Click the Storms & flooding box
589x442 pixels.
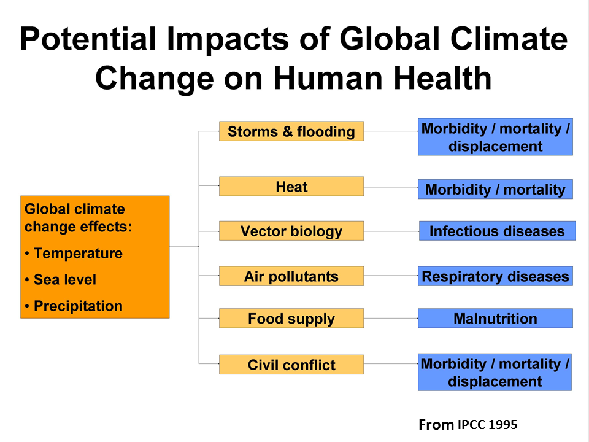click(x=291, y=131)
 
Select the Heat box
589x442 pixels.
click(x=291, y=187)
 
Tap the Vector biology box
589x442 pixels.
click(x=291, y=231)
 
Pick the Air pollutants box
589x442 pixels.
click(x=291, y=276)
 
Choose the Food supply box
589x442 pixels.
click(x=291, y=319)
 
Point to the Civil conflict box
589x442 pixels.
click(x=291, y=365)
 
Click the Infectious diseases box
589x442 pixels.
click(x=498, y=231)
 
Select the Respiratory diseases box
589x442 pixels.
click(x=495, y=276)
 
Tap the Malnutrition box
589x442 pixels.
click(x=495, y=319)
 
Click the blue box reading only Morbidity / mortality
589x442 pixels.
click(x=495, y=189)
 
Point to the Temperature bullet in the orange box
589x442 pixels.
click(x=74, y=254)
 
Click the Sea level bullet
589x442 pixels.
click(x=61, y=280)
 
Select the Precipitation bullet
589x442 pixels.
click(x=74, y=306)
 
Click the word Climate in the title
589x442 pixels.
click(x=509, y=39)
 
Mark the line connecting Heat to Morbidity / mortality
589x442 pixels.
click(x=391, y=187)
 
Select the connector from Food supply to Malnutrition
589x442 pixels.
click(x=391, y=319)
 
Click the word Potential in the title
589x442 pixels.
click(x=88, y=39)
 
